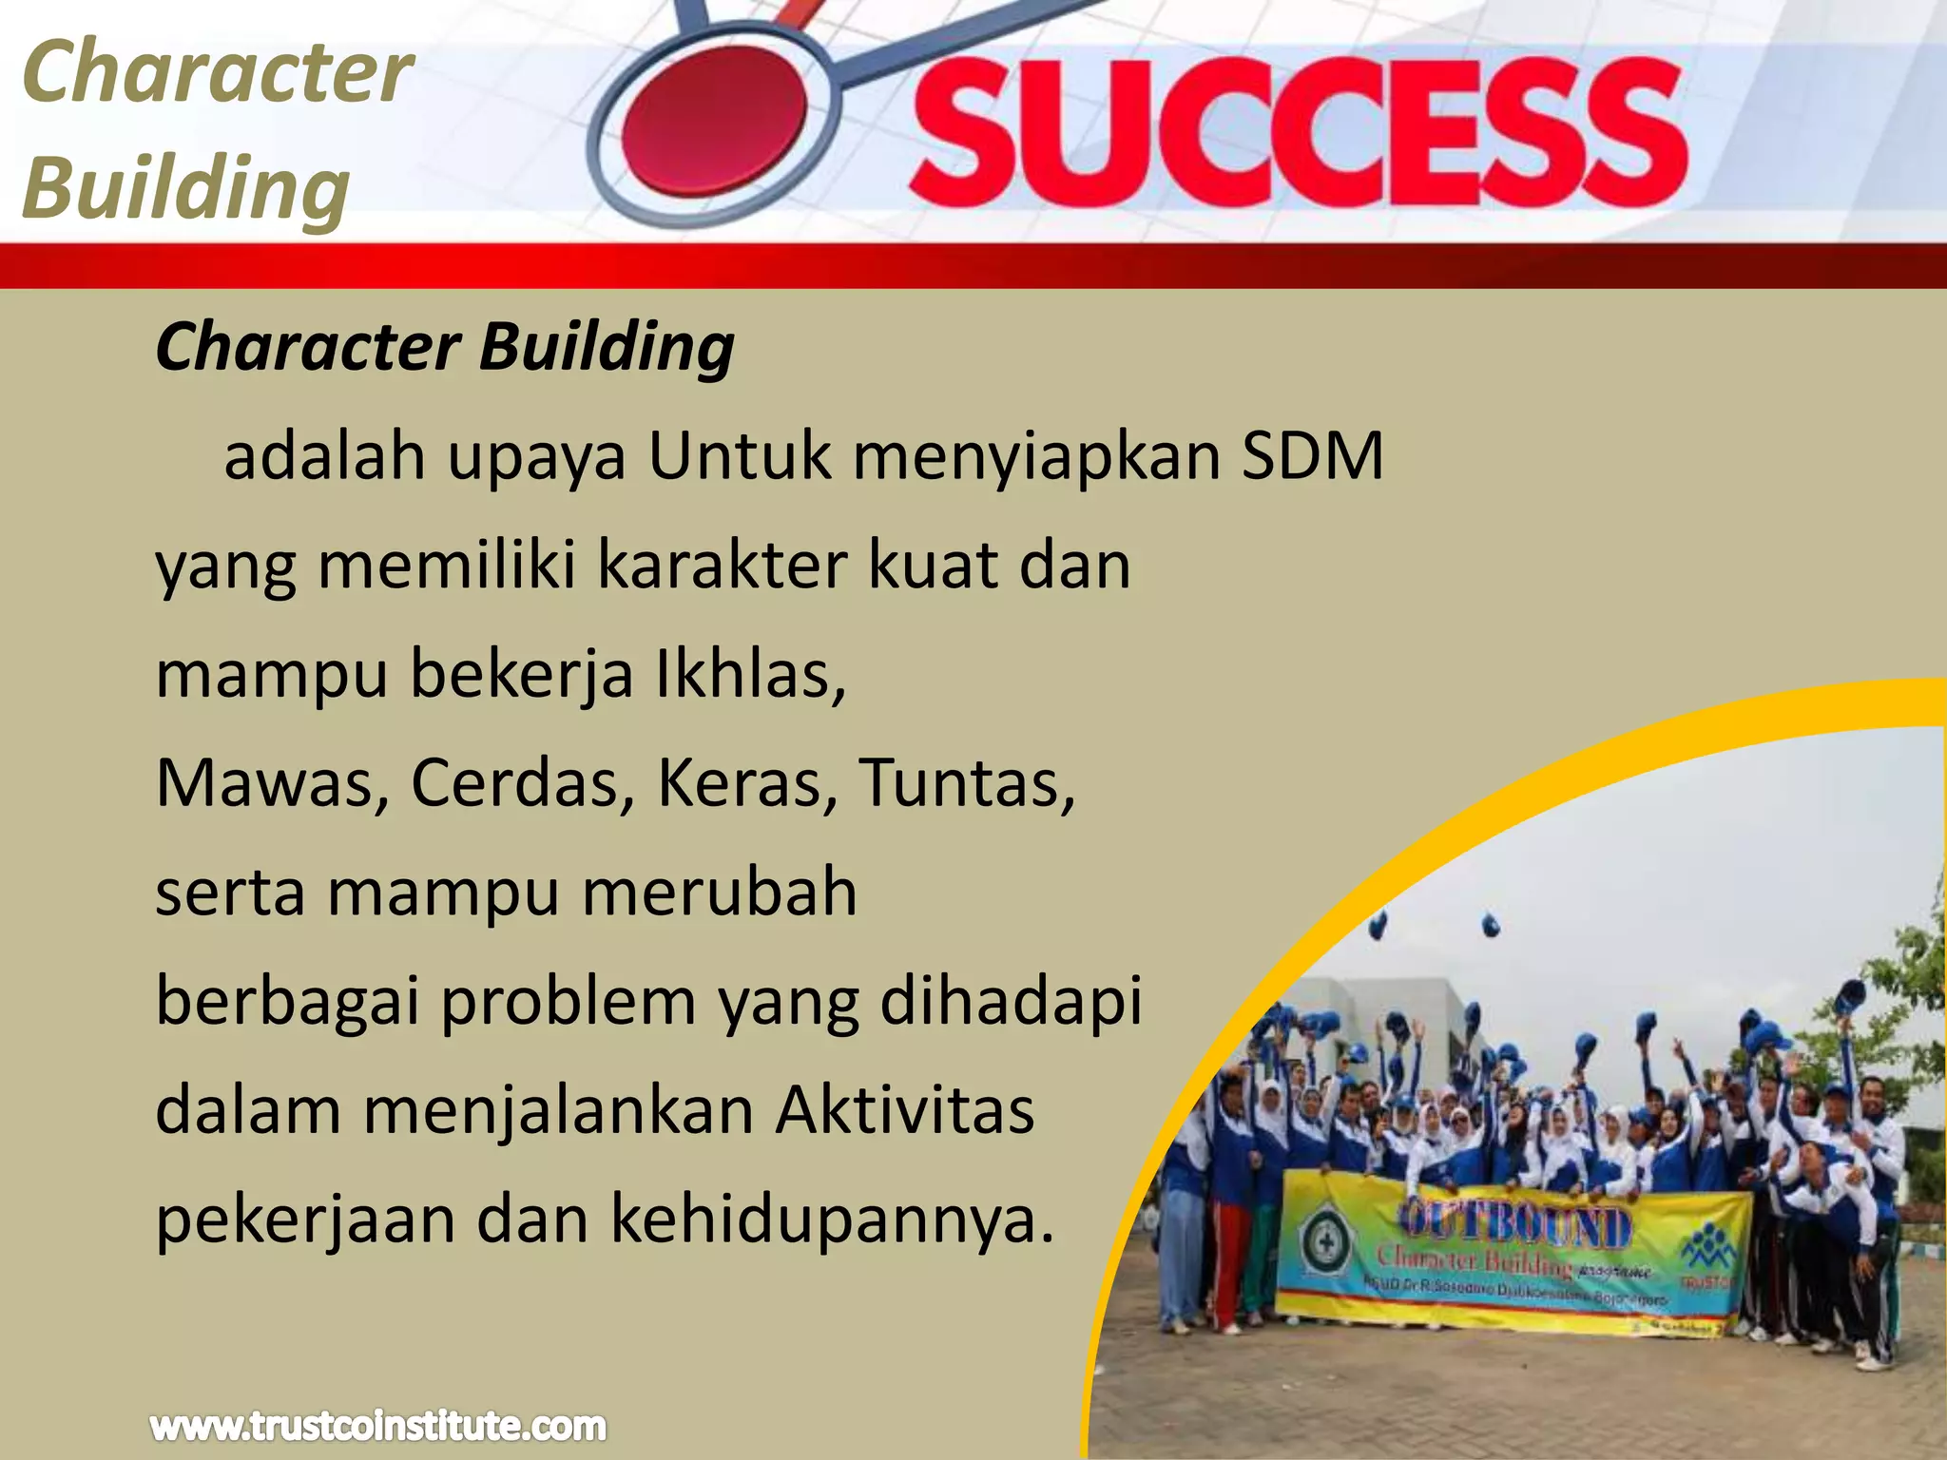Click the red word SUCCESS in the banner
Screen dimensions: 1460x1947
click(x=1298, y=133)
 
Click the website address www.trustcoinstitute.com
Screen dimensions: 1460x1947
click(x=377, y=1426)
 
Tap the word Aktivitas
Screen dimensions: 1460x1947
click(x=904, y=1110)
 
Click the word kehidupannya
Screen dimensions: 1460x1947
click(x=832, y=1220)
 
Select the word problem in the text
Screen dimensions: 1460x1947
click(x=568, y=1002)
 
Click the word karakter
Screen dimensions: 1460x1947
click(x=722, y=566)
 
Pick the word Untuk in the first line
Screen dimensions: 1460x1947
click(x=740, y=457)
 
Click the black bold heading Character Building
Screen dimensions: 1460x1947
click(x=445, y=347)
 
